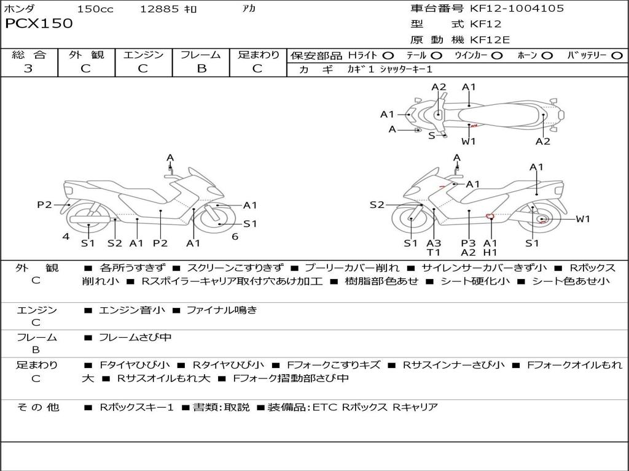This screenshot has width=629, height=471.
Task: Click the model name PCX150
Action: point(39,24)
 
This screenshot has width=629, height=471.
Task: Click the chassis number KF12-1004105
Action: point(517,9)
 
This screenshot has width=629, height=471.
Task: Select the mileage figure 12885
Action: point(159,9)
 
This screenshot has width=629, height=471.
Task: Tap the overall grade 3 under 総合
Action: point(28,69)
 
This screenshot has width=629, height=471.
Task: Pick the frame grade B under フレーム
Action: point(201,69)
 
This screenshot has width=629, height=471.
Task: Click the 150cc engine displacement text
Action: point(95,9)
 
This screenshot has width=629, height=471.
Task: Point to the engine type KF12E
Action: point(491,40)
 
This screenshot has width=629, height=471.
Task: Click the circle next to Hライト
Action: point(388,56)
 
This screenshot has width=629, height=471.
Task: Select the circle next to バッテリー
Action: point(617,56)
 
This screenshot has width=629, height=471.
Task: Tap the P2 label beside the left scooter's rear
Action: point(44,205)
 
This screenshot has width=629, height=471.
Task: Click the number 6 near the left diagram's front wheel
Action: point(235,236)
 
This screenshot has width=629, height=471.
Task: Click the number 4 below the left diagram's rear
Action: point(65,237)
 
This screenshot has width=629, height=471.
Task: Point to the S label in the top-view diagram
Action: point(431,136)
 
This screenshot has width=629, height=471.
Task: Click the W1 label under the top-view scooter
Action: point(469,142)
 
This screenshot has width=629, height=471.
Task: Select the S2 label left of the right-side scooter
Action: point(377,205)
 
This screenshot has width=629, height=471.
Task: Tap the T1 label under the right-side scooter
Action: point(434,252)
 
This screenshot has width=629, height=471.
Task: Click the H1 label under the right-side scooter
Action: point(490,252)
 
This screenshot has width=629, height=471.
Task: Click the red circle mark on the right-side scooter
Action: point(490,215)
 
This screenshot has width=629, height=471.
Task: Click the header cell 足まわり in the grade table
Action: point(259,55)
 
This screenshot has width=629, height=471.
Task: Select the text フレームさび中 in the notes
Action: point(135,337)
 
